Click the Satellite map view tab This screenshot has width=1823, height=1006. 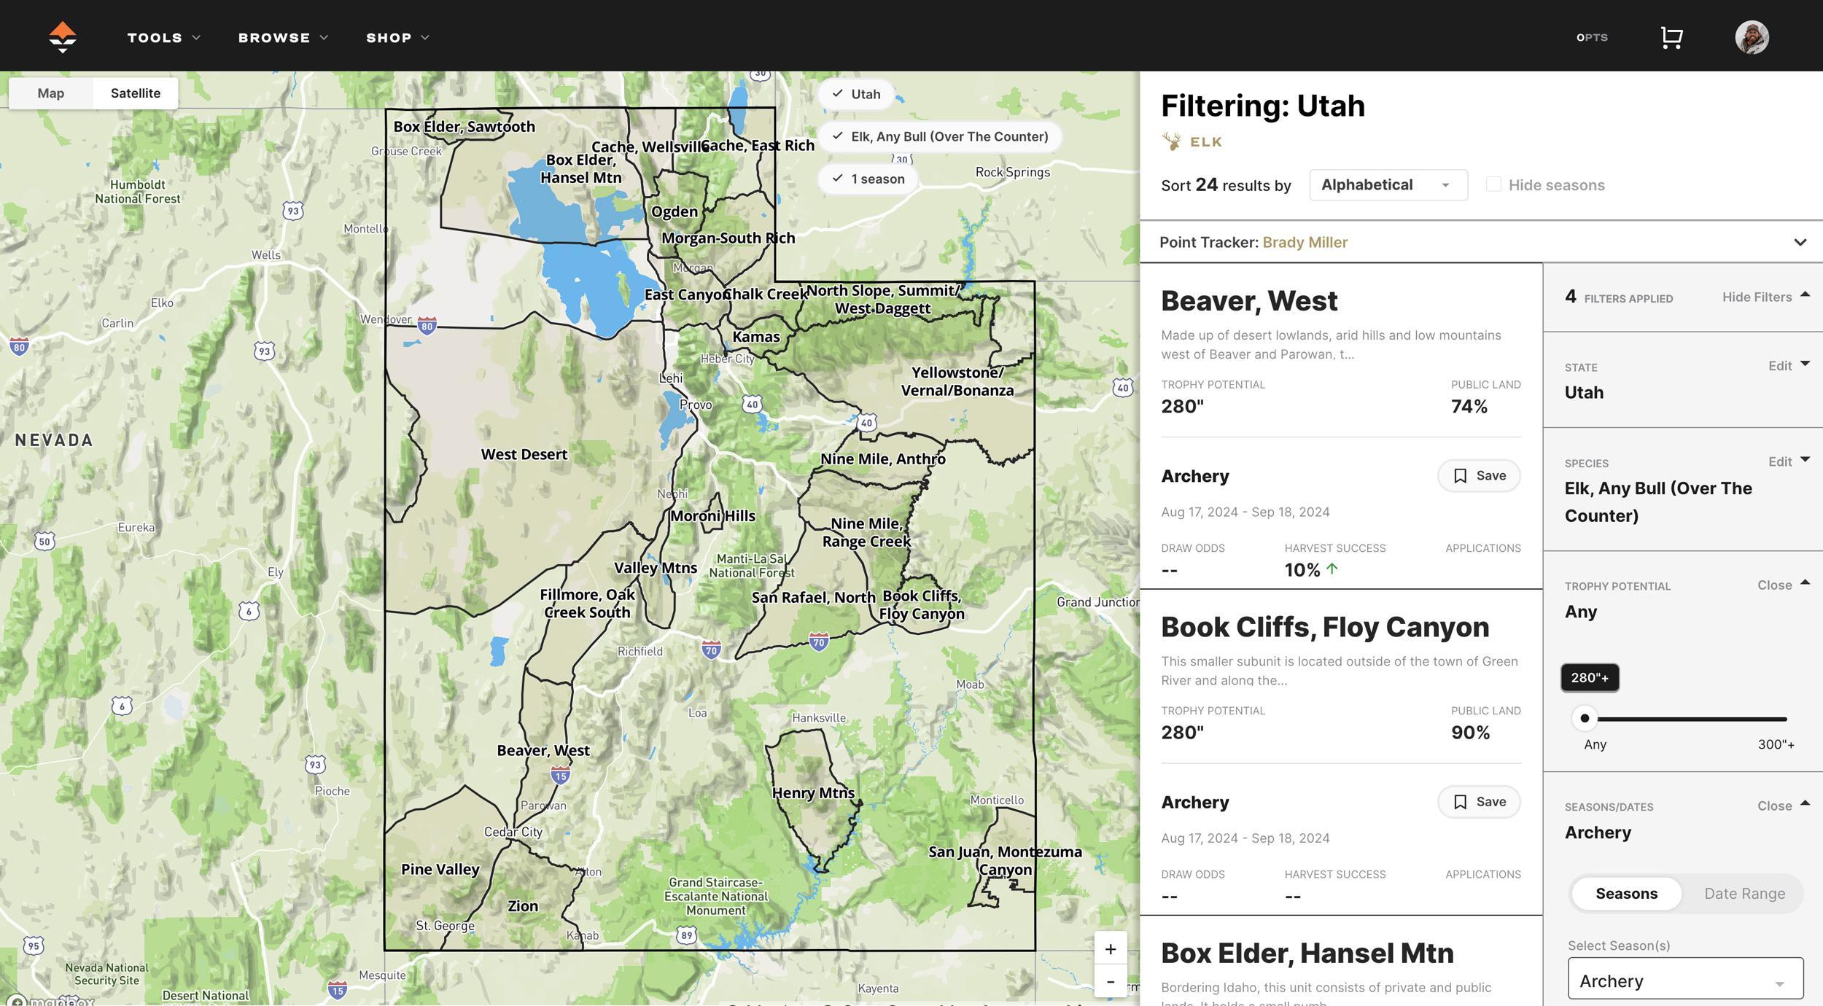[x=136, y=93]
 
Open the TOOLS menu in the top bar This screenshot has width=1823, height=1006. [x=163, y=38]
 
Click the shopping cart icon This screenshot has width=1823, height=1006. [x=1671, y=38]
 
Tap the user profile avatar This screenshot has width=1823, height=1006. [x=1752, y=37]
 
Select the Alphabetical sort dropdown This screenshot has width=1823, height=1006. [x=1388, y=185]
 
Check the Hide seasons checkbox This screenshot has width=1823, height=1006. [x=1493, y=185]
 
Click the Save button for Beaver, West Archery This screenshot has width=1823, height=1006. [x=1479, y=476]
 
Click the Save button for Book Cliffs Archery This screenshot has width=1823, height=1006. [x=1479, y=802]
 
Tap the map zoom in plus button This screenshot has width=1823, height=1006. [x=1110, y=949]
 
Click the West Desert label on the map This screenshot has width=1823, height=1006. [x=524, y=455]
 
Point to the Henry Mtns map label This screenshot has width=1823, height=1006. [x=813, y=793]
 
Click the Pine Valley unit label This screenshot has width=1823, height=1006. [x=440, y=870]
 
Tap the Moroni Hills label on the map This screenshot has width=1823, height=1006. [x=713, y=516]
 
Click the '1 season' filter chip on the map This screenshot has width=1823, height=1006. [x=868, y=179]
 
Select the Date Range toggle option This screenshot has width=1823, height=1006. [x=1744, y=894]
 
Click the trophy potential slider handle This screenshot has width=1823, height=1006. [x=1585, y=719]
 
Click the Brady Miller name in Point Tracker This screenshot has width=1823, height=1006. [x=1305, y=243]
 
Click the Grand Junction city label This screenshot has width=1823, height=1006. [x=1097, y=602]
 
